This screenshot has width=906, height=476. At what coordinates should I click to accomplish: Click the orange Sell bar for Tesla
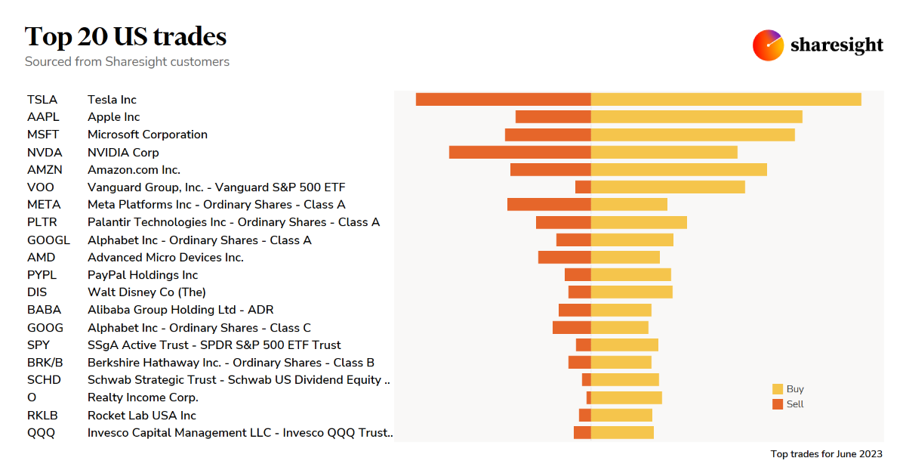click(503, 99)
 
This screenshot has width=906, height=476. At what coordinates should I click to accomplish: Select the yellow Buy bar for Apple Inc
click(696, 116)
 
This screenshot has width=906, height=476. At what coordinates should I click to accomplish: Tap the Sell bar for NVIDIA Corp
click(519, 152)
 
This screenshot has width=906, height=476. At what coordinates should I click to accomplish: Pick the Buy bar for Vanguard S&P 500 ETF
click(667, 187)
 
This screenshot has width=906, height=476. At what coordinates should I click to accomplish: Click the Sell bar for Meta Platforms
click(549, 204)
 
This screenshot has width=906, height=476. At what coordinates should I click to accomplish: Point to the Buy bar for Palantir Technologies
click(639, 222)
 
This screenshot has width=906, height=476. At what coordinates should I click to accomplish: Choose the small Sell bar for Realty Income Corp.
click(589, 397)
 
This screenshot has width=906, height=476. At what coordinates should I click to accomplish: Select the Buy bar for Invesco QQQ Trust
click(622, 432)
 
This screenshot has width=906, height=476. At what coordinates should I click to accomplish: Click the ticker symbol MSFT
click(43, 134)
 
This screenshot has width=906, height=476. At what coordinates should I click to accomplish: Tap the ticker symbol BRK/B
click(45, 363)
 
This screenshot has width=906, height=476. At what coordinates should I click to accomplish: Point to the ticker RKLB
click(42, 416)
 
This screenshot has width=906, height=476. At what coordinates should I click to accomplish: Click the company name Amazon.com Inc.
click(134, 169)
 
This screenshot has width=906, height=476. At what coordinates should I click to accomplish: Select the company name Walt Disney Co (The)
click(146, 292)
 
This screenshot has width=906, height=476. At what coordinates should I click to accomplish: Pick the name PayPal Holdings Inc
click(143, 275)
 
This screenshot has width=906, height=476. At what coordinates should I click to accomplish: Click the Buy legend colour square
click(778, 389)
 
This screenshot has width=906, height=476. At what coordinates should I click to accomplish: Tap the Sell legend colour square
click(778, 404)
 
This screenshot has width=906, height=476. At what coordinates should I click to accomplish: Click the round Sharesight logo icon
click(768, 45)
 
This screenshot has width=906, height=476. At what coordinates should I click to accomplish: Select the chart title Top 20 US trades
click(125, 36)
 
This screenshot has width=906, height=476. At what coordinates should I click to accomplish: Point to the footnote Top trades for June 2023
click(826, 454)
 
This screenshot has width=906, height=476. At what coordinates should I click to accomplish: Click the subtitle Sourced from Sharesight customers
click(127, 62)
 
